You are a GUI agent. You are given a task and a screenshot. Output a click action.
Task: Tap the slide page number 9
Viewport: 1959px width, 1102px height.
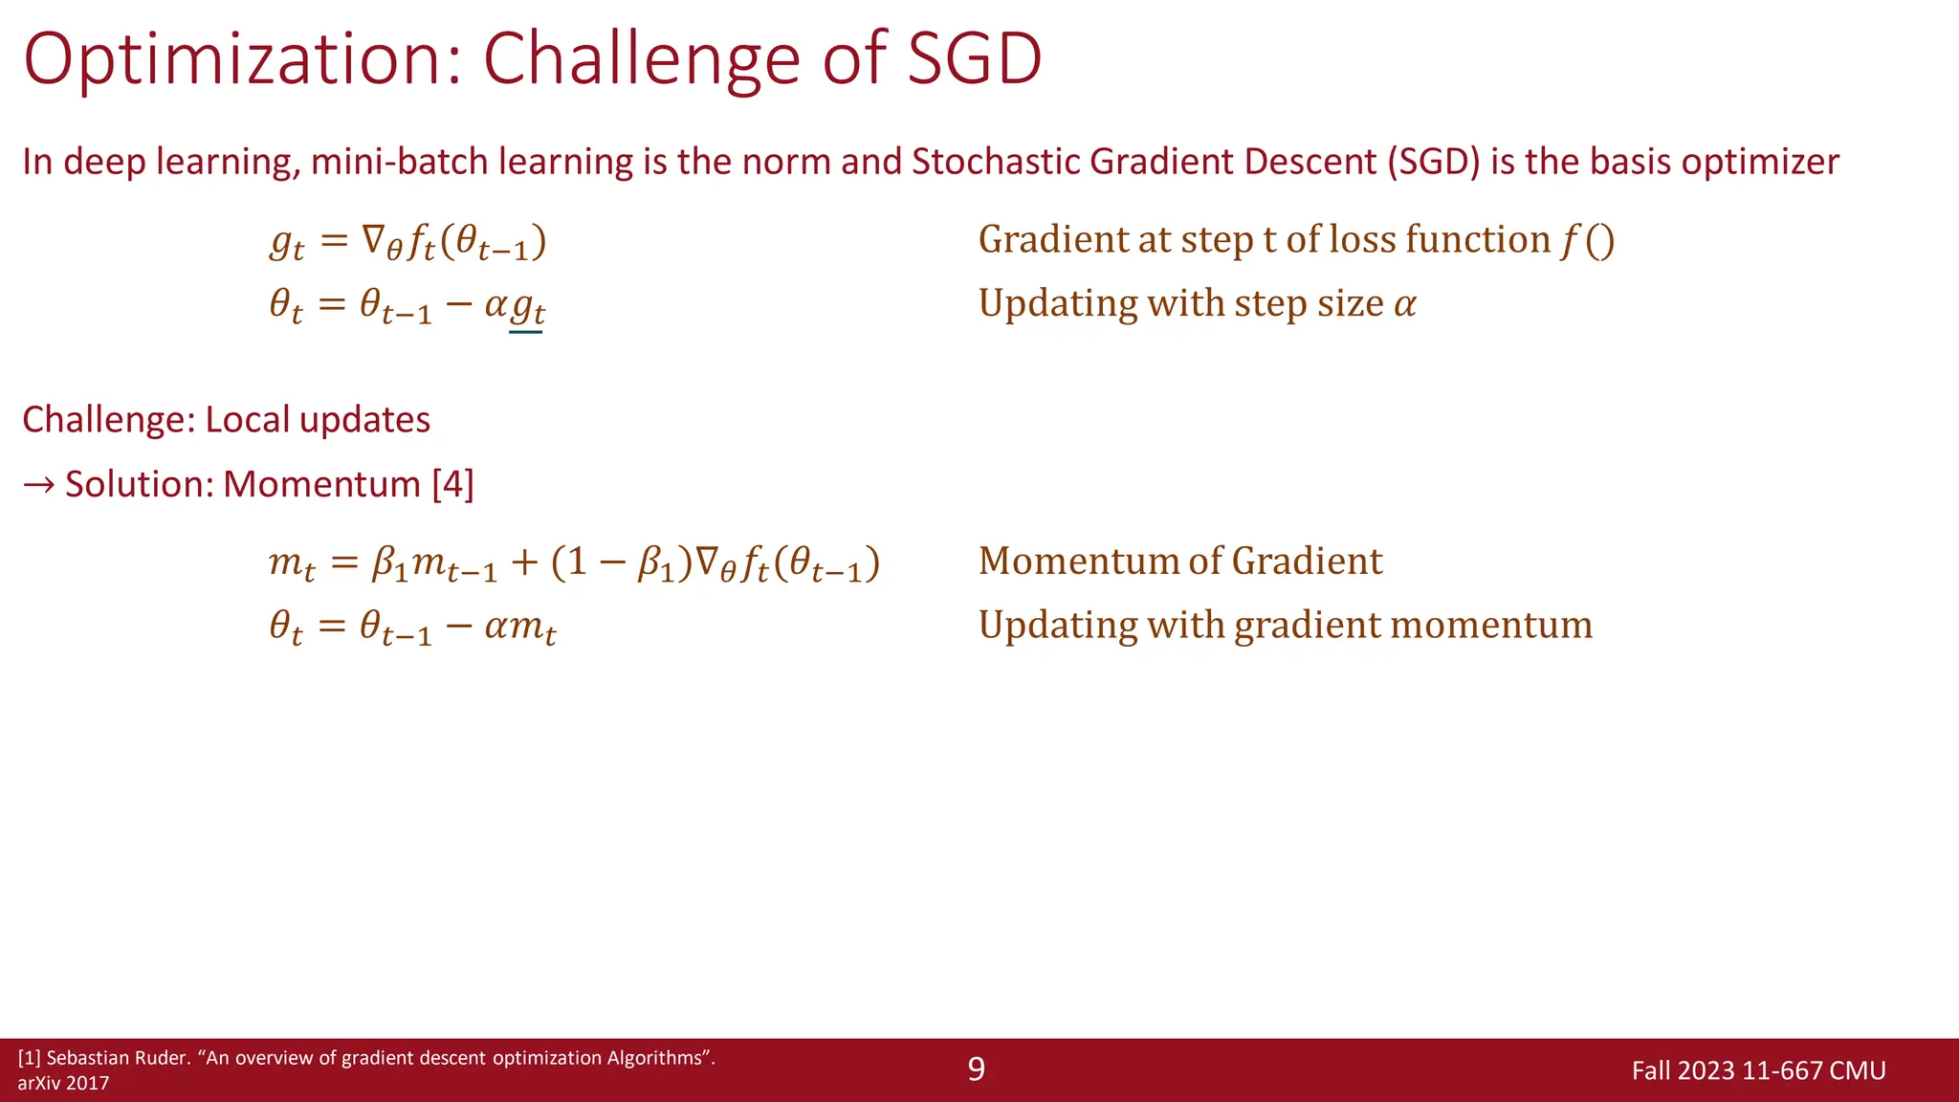(976, 1069)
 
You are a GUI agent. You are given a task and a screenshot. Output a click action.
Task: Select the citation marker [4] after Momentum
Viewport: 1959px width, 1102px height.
(452, 484)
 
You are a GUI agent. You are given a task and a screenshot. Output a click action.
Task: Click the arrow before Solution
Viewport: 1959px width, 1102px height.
(38, 485)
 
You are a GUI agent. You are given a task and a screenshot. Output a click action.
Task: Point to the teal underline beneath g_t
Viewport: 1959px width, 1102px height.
(526, 332)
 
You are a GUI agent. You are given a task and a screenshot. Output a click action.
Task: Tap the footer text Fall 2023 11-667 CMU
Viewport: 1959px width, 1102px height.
(1758, 1070)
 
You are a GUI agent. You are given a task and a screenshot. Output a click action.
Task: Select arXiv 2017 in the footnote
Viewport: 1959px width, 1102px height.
(63, 1084)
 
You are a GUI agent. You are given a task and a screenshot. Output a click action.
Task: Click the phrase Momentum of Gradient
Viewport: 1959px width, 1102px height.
(1179, 562)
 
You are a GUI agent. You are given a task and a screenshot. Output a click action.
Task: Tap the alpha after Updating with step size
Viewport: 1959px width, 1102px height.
(1404, 305)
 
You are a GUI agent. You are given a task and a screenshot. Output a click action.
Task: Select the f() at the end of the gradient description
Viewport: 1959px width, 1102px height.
(1588, 240)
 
